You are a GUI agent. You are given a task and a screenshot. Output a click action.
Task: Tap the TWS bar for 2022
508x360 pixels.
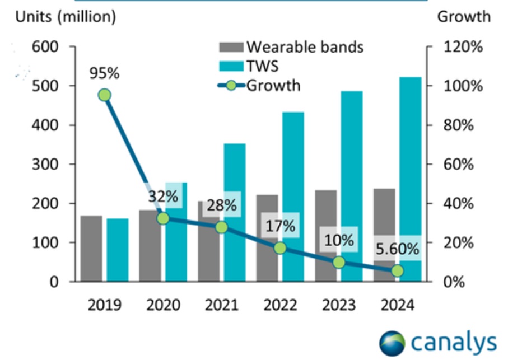293,179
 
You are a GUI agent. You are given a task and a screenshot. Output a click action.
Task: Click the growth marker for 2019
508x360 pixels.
104,95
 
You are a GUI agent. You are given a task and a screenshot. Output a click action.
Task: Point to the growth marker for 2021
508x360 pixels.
221,227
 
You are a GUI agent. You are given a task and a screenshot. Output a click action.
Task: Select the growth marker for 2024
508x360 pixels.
397,270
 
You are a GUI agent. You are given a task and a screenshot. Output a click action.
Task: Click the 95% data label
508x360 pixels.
104,73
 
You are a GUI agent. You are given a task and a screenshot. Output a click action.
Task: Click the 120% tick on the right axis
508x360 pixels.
462,46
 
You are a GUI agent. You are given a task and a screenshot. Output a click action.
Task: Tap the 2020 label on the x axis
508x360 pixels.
163,305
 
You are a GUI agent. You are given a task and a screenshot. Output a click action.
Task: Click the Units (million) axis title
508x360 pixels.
66,17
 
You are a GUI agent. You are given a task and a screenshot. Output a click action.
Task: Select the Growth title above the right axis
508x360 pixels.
463,17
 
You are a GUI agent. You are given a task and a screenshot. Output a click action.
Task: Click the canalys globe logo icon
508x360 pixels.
392,343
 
